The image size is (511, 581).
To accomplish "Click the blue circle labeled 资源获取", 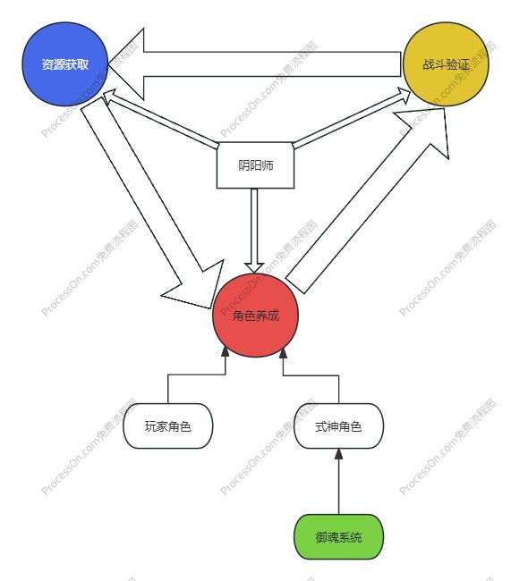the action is [65, 64].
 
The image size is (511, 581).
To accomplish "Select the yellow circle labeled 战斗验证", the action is [446, 64].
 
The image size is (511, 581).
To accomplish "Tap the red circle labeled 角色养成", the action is [255, 316].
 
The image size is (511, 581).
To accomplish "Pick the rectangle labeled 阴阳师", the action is [255, 165].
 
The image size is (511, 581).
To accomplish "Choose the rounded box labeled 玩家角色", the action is [167, 426].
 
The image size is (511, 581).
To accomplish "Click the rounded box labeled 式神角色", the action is [338, 426].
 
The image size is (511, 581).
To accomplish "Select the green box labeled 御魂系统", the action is [338, 537].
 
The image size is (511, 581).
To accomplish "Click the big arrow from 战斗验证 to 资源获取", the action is [254, 64].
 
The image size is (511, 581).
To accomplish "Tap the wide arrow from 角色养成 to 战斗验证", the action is [368, 200].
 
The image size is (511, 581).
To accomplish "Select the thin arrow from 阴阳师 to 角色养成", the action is [254, 231].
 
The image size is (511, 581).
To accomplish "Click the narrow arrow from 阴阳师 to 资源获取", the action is [159, 119].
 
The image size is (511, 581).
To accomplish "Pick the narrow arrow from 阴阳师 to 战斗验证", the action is [352, 119].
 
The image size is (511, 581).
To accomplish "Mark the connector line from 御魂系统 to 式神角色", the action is [338, 481].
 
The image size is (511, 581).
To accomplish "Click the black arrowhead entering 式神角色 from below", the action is [338, 454].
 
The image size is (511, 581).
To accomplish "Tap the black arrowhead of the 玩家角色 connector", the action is [226, 352].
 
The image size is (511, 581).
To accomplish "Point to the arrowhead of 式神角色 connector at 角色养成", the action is [283, 353].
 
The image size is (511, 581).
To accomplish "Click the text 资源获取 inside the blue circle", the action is [65, 64].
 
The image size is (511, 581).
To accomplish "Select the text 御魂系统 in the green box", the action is [338, 537].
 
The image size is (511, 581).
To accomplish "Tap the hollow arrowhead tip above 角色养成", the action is [254, 274].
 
